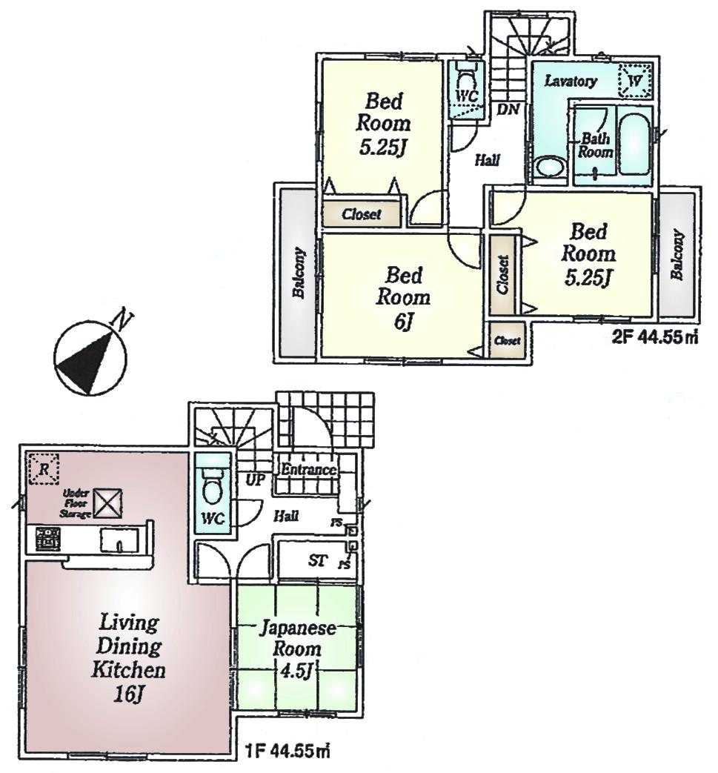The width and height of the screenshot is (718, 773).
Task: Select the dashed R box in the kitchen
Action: point(44,468)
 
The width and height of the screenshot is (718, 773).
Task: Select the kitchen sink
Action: point(118,539)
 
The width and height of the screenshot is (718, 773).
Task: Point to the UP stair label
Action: point(256,480)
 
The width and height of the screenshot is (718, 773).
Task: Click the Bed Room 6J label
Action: point(403,298)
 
